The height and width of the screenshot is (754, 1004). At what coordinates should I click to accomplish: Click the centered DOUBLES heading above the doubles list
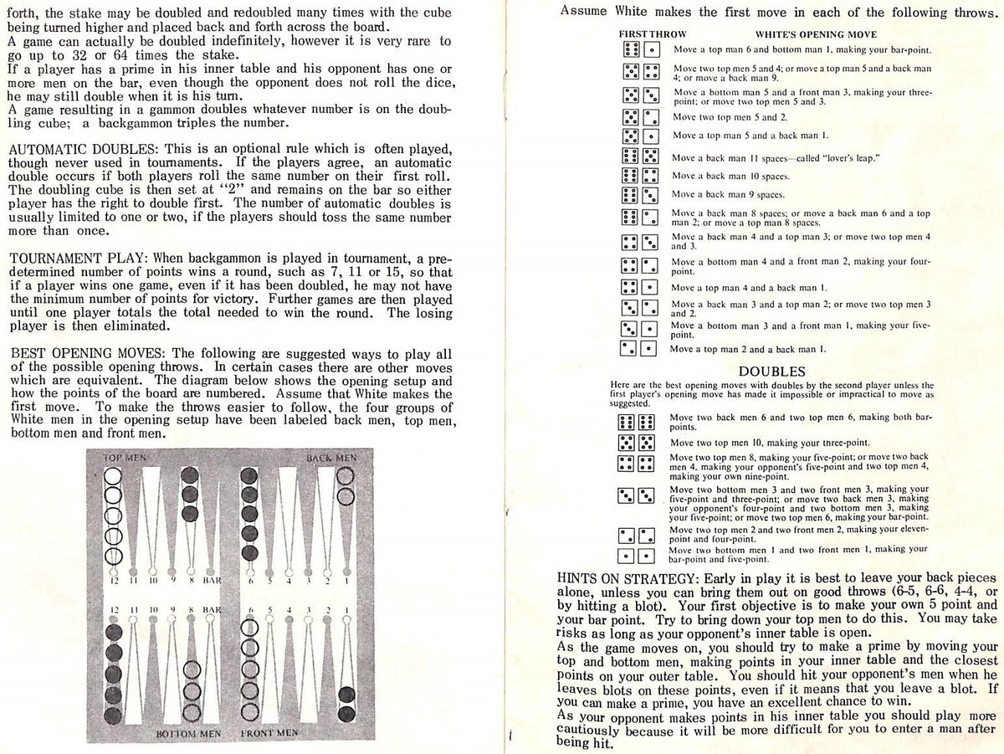[771, 371]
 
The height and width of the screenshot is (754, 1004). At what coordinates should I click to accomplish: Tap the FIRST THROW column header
[652, 34]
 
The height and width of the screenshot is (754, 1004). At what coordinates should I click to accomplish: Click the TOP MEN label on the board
[124, 458]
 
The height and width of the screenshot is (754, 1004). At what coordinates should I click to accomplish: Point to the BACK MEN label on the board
[330, 458]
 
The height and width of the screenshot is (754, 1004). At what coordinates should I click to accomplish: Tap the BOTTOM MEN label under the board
[187, 734]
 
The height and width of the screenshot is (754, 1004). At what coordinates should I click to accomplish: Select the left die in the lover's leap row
[630, 157]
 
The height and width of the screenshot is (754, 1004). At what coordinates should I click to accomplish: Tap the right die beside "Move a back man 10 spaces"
[650, 177]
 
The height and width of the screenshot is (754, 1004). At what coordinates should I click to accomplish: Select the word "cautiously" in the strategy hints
[597, 728]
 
